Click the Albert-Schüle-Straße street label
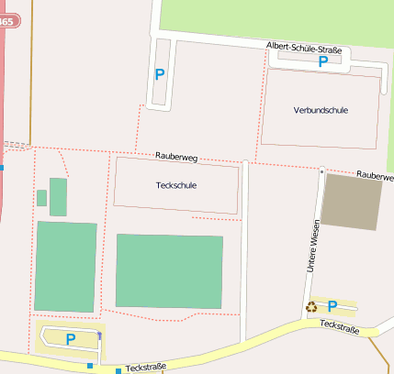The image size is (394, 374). (303, 47)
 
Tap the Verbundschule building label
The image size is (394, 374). (321, 110)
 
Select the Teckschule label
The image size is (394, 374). (177, 185)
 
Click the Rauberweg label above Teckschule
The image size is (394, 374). (176, 157)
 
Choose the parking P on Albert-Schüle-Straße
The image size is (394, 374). (322, 61)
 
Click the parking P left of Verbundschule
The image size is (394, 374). (160, 74)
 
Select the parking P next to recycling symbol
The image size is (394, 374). (332, 306)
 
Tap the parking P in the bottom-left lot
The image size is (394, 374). (70, 339)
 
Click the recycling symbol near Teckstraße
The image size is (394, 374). (312, 307)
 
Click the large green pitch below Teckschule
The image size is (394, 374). (169, 271)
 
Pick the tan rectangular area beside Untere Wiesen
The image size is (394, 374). (352, 202)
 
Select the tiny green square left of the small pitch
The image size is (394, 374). (41, 198)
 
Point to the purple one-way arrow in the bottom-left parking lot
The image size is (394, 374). (99, 336)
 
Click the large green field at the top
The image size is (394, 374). (276, 18)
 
